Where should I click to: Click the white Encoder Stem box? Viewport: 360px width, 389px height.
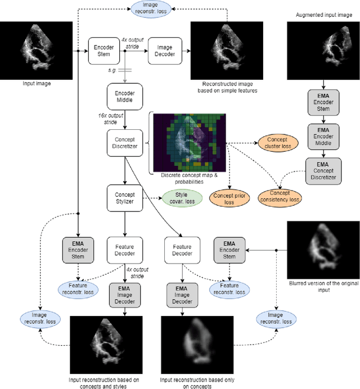(104, 50)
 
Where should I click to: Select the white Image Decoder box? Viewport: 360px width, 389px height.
(165, 50)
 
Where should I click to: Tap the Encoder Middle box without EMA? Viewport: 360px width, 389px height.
(124, 96)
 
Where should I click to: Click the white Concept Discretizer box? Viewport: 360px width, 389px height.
(124, 143)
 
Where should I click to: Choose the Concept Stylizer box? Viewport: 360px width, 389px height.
(124, 198)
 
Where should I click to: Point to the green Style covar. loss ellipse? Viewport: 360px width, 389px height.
(181, 198)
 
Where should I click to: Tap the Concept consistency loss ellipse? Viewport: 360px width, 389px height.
(280, 197)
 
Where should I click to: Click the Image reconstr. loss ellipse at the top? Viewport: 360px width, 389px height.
(154, 10)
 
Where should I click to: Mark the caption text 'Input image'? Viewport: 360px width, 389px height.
(36, 83)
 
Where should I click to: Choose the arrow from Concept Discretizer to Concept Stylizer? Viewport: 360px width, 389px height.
(124, 171)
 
